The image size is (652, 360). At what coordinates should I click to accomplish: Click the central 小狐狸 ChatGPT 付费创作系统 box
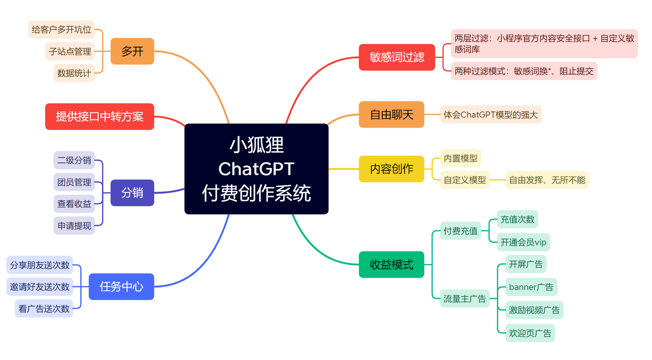pyautogui.click(x=257, y=169)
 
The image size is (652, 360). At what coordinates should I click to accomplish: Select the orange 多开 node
pyautogui.click(x=132, y=51)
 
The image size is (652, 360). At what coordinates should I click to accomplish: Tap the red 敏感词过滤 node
pyautogui.click(x=397, y=57)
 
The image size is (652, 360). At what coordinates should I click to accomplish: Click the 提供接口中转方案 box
pyautogui.click(x=100, y=117)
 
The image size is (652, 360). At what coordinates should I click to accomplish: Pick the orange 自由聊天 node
pyautogui.click(x=392, y=114)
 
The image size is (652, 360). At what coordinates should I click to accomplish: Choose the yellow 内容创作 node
pyautogui.click(x=392, y=169)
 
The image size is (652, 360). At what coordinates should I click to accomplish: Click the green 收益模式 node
pyautogui.click(x=392, y=265)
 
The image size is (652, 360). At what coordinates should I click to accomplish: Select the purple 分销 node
pyautogui.click(x=132, y=193)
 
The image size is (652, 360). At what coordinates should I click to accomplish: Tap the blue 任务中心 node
pyautogui.click(x=121, y=287)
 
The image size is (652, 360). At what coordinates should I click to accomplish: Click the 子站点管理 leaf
pyautogui.click(x=70, y=51)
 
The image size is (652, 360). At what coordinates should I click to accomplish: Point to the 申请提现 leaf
pyautogui.click(x=74, y=225)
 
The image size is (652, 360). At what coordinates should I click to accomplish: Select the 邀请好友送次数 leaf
pyautogui.click(x=40, y=287)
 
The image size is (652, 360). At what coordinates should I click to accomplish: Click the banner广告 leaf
pyautogui.click(x=531, y=287)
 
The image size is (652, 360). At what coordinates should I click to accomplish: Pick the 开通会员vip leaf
pyautogui.click(x=524, y=242)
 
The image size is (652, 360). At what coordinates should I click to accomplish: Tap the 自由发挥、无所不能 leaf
pyautogui.click(x=547, y=180)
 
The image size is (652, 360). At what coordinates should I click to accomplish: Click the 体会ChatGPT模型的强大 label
pyautogui.click(x=491, y=114)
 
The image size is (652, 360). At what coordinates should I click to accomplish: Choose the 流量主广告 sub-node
pyautogui.click(x=464, y=298)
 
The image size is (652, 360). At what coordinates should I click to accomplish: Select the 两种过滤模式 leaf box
pyautogui.click(x=524, y=71)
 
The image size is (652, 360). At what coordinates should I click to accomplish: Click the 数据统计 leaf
pyautogui.click(x=74, y=73)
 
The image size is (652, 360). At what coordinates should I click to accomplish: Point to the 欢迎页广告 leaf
pyautogui.click(x=530, y=333)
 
